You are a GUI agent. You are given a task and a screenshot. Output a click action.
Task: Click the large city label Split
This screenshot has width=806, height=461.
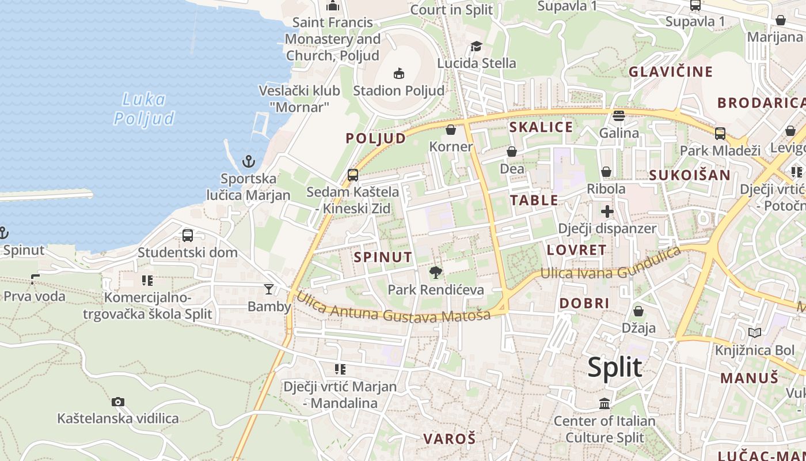pyautogui.click(x=614, y=367)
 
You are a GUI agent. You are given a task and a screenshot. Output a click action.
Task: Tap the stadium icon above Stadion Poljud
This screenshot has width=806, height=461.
pyautogui.click(x=398, y=73)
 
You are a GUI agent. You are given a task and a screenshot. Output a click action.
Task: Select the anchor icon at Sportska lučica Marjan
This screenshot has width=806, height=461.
pyautogui.click(x=249, y=161)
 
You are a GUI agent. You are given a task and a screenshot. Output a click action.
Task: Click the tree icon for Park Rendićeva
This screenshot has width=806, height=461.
pyautogui.click(x=436, y=272)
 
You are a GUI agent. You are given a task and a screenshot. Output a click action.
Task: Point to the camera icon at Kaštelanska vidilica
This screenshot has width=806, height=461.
pyautogui.click(x=118, y=402)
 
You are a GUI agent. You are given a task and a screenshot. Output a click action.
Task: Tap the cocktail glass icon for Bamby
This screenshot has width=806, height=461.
pyautogui.click(x=269, y=289)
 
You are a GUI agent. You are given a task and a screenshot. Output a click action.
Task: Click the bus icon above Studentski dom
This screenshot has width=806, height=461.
pyautogui.click(x=188, y=235)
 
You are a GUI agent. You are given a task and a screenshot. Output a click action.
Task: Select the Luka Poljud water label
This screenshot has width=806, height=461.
pyautogui.click(x=144, y=109)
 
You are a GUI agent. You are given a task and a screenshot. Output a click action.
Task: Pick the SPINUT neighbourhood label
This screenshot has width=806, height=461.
pyautogui.click(x=383, y=257)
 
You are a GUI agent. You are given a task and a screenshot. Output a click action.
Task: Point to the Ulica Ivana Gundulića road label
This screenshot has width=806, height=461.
pyautogui.click(x=610, y=266)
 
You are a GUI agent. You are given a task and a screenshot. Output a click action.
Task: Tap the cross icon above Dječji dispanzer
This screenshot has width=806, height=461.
pyautogui.click(x=607, y=211)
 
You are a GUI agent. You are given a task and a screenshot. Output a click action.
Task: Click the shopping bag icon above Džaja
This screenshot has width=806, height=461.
pyautogui.click(x=638, y=311)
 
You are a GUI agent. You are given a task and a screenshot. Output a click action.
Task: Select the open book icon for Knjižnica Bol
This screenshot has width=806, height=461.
pyautogui.click(x=754, y=332)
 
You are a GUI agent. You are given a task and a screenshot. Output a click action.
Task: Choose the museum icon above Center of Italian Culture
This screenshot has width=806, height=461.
pyautogui.click(x=604, y=404)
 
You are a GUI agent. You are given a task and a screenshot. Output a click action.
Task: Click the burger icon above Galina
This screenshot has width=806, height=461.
pyautogui.click(x=619, y=116)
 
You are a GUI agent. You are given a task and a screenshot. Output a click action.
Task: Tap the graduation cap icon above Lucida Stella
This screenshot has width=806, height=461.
pyautogui.click(x=476, y=46)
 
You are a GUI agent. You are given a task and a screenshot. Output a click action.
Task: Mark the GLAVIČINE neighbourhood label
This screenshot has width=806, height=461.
pyautogui.click(x=671, y=72)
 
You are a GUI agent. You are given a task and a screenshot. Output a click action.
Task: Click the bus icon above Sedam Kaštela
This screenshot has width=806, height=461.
pyautogui.click(x=353, y=175)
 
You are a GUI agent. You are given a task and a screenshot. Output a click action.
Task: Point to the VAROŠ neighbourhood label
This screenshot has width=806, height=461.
pyautogui.click(x=450, y=439)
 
